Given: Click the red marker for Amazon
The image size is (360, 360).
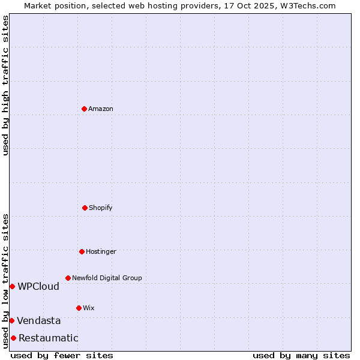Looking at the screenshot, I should pyautogui.click(x=84, y=109).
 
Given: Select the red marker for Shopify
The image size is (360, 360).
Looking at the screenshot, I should pyautogui.click(x=85, y=208).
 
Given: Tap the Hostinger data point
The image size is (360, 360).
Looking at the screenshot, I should pyautogui.click(x=82, y=251).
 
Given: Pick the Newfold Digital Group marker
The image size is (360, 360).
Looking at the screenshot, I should pyautogui.click(x=68, y=278).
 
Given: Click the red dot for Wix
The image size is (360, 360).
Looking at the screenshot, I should pyautogui.click(x=79, y=308).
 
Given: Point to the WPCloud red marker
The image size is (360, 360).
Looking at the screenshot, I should pyautogui.click(x=12, y=286).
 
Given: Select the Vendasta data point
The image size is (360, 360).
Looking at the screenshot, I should pyautogui.click(x=11, y=320).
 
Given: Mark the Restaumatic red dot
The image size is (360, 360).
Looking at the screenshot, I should pyautogui.click(x=13, y=338).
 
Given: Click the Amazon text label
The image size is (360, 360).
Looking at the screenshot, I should pyautogui.click(x=101, y=109).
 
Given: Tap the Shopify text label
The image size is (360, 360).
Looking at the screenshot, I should pyautogui.click(x=101, y=208).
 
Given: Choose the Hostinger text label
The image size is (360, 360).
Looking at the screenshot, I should pyautogui.click(x=101, y=251).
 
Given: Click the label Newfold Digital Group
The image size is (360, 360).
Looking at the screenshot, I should pyautogui.click(x=107, y=278).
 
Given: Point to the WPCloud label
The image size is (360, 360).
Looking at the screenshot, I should pyautogui.click(x=38, y=286).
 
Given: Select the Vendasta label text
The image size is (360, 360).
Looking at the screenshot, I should pyautogui.click(x=38, y=320).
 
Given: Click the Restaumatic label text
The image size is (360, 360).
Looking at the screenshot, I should pyautogui.click(x=48, y=338).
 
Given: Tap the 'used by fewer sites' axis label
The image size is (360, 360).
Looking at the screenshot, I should pyautogui.click(x=62, y=355).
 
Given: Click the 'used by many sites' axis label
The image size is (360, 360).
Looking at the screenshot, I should pyautogui.click(x=301, y=355).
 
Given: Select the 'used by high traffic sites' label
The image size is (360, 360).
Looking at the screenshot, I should pyautogui.click(x=5, y=85).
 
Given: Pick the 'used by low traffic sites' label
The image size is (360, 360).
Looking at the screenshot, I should pyautogui.click(x=5, y=281).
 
